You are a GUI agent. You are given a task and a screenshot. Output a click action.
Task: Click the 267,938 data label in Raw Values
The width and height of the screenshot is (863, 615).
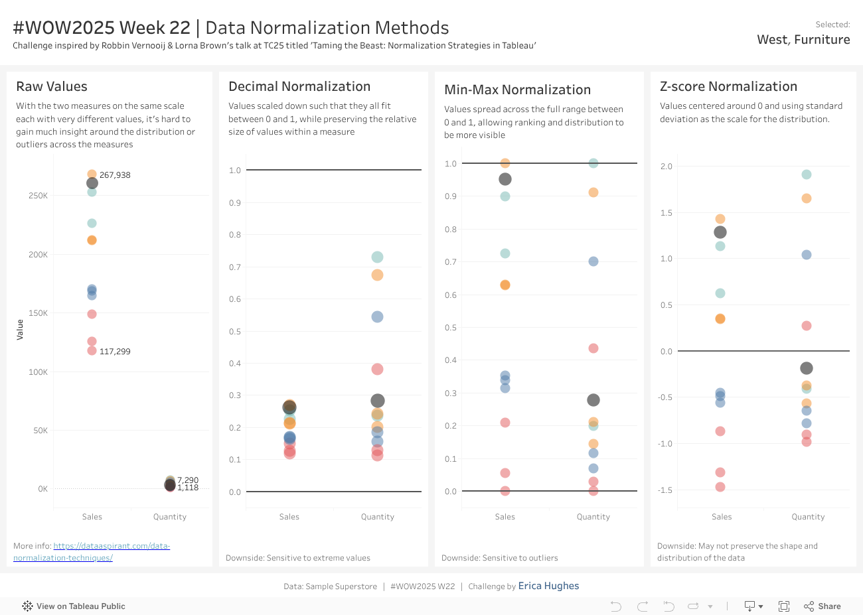[115, 175]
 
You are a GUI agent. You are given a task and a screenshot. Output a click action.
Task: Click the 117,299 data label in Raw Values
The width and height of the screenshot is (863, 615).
[115, 352]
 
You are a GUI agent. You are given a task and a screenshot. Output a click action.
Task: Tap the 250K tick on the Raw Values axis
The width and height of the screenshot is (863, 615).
[38, 196]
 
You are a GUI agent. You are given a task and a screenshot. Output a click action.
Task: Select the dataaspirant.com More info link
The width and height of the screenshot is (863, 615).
[112, 546]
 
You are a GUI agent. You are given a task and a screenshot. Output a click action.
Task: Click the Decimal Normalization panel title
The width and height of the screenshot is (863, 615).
[299, 86]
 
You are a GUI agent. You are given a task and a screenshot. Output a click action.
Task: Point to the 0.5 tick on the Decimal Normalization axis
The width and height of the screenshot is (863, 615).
[235, 332]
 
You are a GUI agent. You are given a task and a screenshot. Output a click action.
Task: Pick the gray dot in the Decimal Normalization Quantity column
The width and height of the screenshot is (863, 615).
[378, 401]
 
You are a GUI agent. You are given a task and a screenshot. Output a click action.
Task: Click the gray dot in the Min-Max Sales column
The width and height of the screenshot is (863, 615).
[505, 179]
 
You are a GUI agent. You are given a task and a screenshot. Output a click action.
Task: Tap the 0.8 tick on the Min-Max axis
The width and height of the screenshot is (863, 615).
[451, 230]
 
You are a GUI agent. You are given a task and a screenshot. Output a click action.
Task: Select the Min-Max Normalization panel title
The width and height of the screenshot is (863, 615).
[517, 90]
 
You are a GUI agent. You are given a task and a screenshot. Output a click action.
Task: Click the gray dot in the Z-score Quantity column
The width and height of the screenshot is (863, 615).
[807, 368]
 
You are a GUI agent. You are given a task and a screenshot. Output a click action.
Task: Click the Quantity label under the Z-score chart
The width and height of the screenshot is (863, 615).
[808, 517]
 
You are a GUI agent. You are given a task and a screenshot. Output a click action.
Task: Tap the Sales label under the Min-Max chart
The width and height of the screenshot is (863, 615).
[505, 517]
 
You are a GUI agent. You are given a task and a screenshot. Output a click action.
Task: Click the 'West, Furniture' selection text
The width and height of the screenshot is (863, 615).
[803, 40]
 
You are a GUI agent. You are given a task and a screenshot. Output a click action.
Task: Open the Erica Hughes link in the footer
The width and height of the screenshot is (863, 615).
[548, 586]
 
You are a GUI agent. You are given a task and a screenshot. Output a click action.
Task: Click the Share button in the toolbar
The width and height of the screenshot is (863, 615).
[823, 606]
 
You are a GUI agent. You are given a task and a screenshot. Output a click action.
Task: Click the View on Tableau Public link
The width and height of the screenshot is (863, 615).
[74, 606]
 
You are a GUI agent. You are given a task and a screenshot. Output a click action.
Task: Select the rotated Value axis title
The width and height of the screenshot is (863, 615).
[20, 330]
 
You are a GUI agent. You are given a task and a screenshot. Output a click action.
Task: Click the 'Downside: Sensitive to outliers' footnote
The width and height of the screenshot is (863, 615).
[499, 558]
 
